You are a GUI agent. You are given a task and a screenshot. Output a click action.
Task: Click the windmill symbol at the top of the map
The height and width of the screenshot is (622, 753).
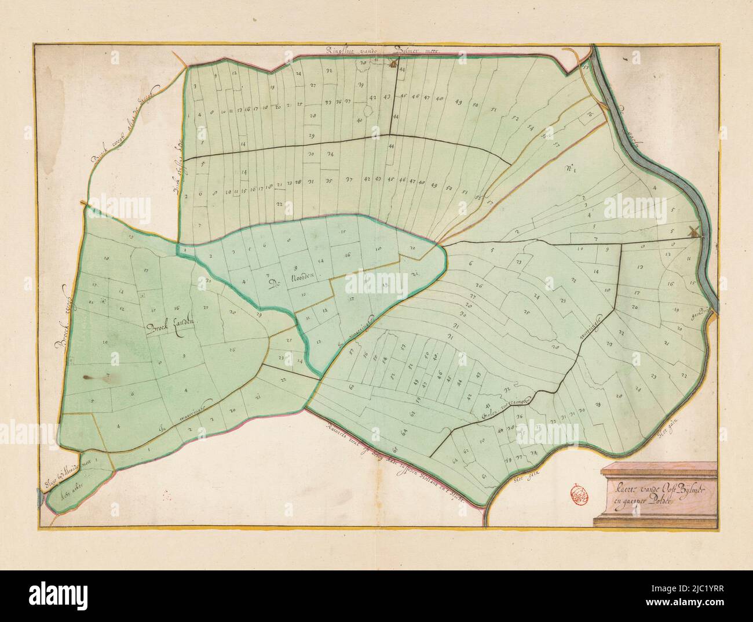click(392, 64)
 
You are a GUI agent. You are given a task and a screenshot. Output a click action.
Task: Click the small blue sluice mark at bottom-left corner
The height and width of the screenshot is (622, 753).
click(39, 493)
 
